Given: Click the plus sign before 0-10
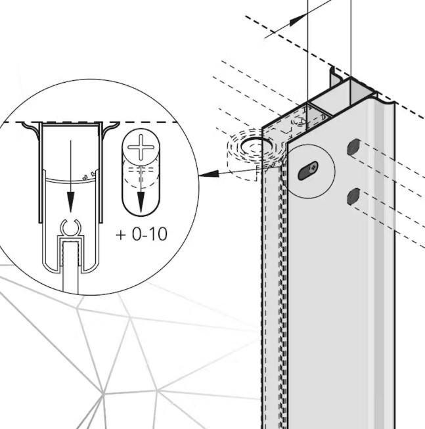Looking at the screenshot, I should (x=122, y=234).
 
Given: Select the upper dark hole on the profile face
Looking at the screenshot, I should (x=353, y=146).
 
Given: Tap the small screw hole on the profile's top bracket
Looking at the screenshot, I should (x=300, y=120).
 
